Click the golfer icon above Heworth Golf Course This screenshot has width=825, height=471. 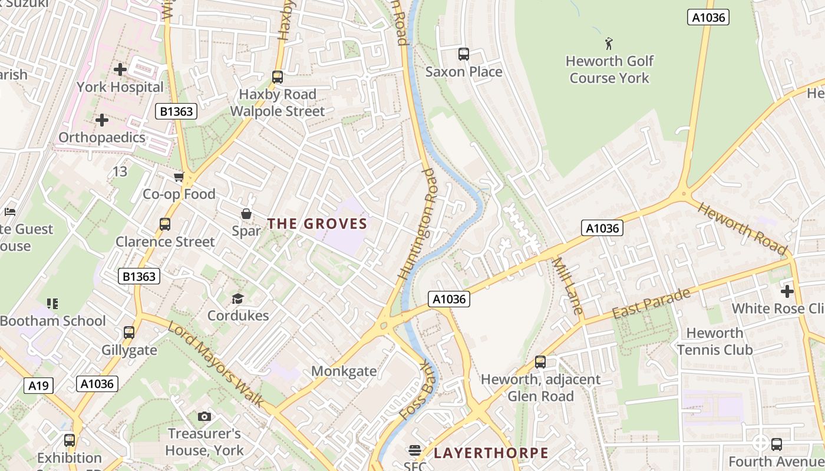coord(609,43)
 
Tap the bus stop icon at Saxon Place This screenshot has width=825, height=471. coord(464,54)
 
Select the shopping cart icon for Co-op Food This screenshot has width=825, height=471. coord(179,177)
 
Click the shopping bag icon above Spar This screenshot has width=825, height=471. coord(246,214)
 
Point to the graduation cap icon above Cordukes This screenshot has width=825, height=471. coord(237,298)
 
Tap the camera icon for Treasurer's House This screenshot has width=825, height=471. coord(204,417)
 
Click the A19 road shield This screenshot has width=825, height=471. coord(39,386)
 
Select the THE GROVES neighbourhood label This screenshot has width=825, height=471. coord(318,224)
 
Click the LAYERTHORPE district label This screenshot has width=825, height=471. coord(491,453)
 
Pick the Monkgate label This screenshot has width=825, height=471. coord(344,371)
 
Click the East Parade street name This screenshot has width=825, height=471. coord(651,303)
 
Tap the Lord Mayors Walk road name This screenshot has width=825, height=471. coord(215,363)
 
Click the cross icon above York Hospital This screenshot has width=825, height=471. coord(120,69)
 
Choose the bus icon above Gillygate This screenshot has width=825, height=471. coord(129,333)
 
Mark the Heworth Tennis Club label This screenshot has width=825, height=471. coord(714,341)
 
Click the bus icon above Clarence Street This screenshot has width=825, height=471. coord(165,224)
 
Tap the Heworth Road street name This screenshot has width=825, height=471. coord(743,228)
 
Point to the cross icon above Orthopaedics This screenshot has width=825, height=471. coord(102,120)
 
